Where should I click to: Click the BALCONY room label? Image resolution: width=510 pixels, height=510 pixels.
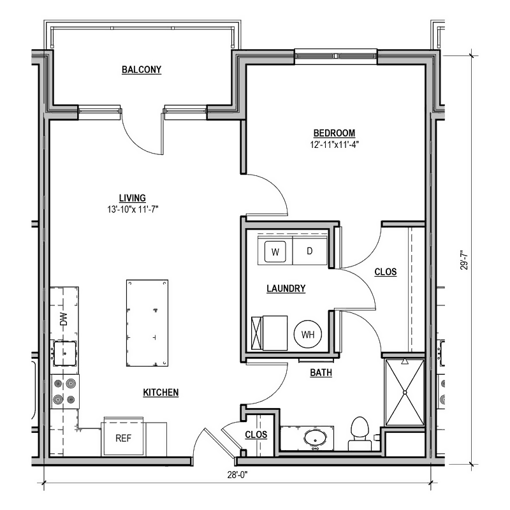click(x=142, y=69)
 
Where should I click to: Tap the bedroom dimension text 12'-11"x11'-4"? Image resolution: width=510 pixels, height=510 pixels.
click(x=334, y=145)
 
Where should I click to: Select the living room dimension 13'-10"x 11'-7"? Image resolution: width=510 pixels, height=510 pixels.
click(x=133, y=210)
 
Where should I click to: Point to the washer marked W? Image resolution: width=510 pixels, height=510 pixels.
click(x=275, y=252)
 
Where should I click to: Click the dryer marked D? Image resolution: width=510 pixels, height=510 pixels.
click(x=310, y=251)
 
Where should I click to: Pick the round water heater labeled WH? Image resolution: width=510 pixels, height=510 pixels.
click(x=308, y=334)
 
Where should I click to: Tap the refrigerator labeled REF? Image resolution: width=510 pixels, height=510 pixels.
click(x=123, y=437)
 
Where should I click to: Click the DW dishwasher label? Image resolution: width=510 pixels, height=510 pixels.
click(x=64, y=319)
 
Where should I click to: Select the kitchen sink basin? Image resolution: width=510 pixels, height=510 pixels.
click(x=65, y=353)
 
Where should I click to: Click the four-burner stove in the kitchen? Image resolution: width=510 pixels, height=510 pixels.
click(x=65, y=391)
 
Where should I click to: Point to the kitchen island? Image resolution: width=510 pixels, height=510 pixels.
click(x=147, y=323)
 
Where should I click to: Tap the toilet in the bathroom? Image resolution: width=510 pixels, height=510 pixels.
click(x=360, y=433)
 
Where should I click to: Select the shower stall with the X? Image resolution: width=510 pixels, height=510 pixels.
click(x=405, y=393)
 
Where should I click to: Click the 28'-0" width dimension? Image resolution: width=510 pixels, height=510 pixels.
click(x=237, y=475)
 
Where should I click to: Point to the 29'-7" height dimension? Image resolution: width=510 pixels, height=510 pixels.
click(x=465, y=259)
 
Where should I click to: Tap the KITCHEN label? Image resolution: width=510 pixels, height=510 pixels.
click(x=161, y=393)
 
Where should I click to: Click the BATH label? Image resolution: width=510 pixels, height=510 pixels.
click(x=321, y=372)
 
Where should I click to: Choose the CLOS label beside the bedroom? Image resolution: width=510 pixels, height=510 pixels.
click(x=386, y=272)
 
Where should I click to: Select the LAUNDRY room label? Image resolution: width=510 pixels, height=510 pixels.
click(x=286, y=289)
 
